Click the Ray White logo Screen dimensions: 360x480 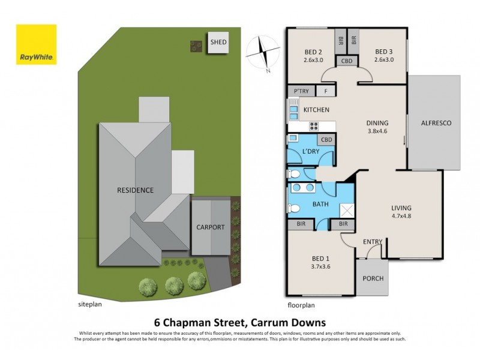pos(36,44)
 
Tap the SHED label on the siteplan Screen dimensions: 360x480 pos(218,43)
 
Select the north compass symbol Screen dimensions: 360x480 pos(264,52)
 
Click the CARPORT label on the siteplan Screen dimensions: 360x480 pos(211,227)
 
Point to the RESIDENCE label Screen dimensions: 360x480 pos(135,190)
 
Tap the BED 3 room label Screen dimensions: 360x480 pos(383,52)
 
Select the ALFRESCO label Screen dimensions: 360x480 pos(436,123)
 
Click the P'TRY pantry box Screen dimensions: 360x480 pos(301,92)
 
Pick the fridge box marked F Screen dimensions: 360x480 pos(326,92)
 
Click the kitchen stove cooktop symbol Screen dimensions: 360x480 pos(313,126)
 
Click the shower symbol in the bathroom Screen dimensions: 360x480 pos(347,210)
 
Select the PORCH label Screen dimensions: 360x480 pos(372,278)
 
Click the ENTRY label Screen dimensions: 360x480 pos(373,242)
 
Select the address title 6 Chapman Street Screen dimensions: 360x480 pos(239,322)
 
